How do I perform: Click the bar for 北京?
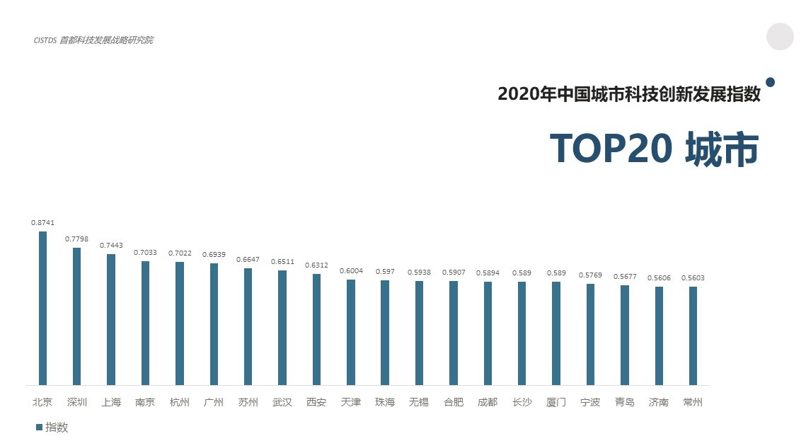click(42, 308)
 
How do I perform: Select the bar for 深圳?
click(76, 316)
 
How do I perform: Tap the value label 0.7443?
click(111, 246)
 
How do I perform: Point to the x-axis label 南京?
click(145, 403)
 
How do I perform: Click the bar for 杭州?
click(180, 323)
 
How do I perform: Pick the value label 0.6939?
click(214, 254)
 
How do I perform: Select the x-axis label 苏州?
click(248, 403)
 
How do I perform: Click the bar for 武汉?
click(282, 328)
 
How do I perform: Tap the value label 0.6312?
click(316, 265)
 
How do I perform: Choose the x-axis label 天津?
click(350, 403)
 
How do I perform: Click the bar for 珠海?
click(385, 333)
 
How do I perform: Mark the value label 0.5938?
click(419, 272)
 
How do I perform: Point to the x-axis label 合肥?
click(454, 403)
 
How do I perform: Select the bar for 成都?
click(488, 333)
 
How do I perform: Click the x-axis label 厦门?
click(556, 403)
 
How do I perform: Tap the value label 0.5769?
click(590, 275)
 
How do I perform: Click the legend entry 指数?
click(52, 427)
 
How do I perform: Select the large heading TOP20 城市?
click(654, 149)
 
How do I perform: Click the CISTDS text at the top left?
click(45, 40)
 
